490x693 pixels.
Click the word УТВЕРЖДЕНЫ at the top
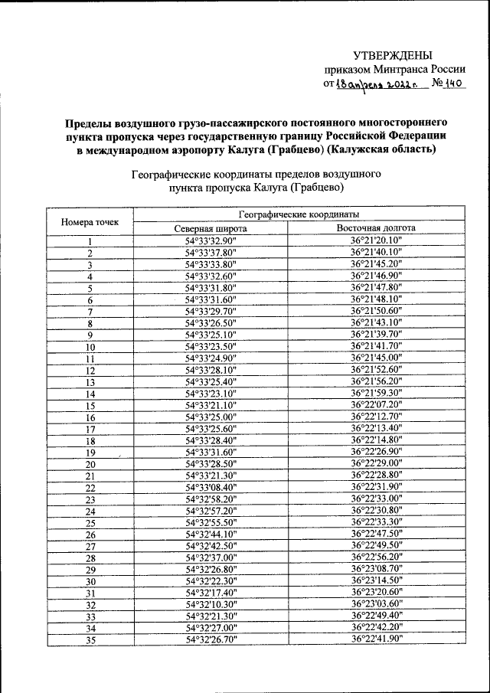[392, 54]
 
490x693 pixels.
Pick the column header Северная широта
[210, 228]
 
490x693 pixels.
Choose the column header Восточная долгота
[376, 228]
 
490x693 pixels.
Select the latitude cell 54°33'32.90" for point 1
[211, 241]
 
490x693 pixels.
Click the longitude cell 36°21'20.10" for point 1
[377, 241]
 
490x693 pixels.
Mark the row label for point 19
[90, 453]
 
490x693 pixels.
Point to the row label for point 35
[90, 641]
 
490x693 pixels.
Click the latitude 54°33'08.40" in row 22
[211, 487]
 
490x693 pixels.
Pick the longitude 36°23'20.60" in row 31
[377, 593]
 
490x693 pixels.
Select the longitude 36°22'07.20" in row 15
[377, 405]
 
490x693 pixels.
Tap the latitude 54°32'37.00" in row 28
[211, 557]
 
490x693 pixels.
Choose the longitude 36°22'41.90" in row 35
[377, 639]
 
